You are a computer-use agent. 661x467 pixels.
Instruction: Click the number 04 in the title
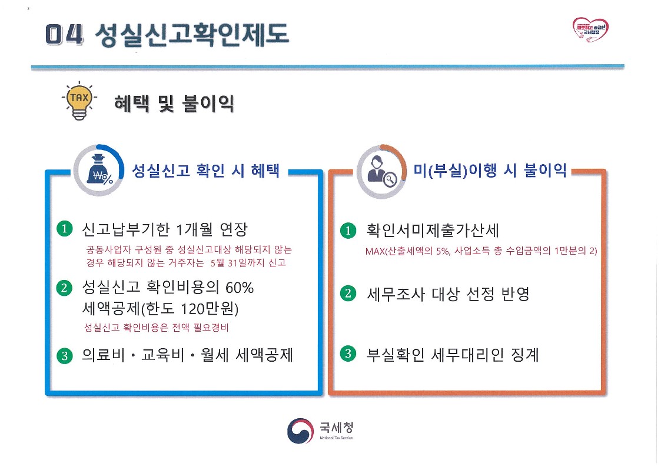click(64, 34)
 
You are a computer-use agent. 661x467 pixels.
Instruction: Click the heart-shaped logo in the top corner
click(590, 29)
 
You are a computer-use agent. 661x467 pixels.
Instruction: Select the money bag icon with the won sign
click(99, 170)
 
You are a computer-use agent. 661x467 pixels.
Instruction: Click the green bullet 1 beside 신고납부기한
click(65, 229)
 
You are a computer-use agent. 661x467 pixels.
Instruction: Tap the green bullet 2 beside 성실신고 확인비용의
click(64, 288)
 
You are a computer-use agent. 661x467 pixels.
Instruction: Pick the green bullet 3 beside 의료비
click(65, 355)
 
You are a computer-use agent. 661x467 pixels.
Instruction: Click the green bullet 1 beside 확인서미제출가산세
click(348, 231)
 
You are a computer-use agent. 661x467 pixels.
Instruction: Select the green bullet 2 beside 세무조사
click(348, 293)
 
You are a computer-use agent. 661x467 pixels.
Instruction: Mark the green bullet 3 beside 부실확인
click(348, 353)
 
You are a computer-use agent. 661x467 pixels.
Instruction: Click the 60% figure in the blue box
click(240, 288)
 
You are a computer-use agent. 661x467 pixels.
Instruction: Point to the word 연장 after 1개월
click(234, 229)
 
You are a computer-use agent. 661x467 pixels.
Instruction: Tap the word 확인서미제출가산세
click(433, 231)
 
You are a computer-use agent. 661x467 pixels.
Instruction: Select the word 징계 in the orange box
click(525, 355)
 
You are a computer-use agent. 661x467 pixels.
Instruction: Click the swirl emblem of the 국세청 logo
click(300, 431)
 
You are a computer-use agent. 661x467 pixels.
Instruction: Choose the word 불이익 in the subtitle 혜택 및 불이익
click(208, 104)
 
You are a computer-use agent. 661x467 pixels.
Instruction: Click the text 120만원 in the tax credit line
click(207, 309)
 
